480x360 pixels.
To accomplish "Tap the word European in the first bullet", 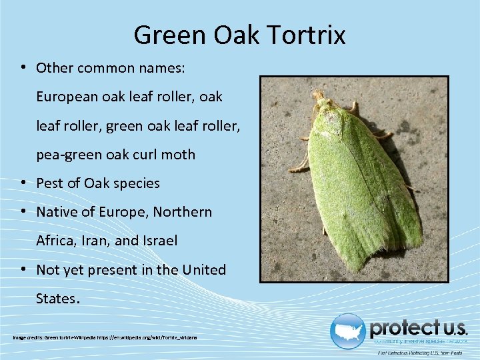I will pos(67,97).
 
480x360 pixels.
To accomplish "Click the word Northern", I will pos(183,212).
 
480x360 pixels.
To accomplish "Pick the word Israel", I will pos(159,241).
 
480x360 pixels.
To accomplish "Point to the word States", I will pos(56,299).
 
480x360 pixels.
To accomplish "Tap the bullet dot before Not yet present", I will pos(23,270).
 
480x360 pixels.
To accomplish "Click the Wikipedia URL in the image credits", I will pos(147,337).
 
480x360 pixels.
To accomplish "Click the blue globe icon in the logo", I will pos(348,331).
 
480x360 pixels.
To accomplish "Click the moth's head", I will pos(321,101).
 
